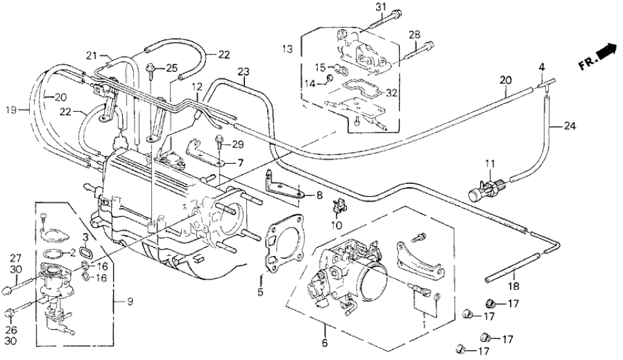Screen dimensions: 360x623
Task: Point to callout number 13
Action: [288, 49]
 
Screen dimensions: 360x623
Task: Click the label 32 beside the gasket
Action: [391, 93]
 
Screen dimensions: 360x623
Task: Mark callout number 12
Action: [197, 86]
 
